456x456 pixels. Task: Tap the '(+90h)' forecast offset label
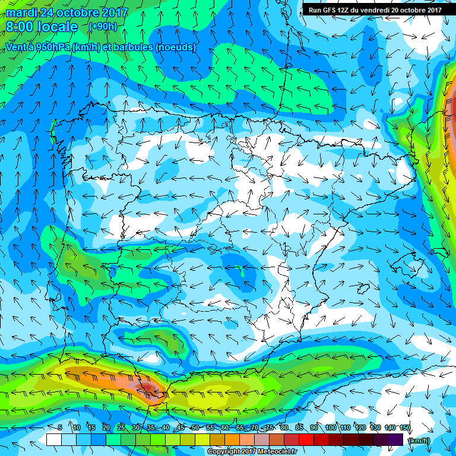point(102,27)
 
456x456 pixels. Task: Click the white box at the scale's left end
point(53,440)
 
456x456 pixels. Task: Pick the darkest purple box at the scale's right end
point(396,440)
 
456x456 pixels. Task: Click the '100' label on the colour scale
point(330,428)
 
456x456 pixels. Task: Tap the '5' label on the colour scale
point(60,428)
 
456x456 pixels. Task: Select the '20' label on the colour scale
point(106,428)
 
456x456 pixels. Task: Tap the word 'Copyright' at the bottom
point(224,452)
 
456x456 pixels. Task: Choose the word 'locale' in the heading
point(59,27)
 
